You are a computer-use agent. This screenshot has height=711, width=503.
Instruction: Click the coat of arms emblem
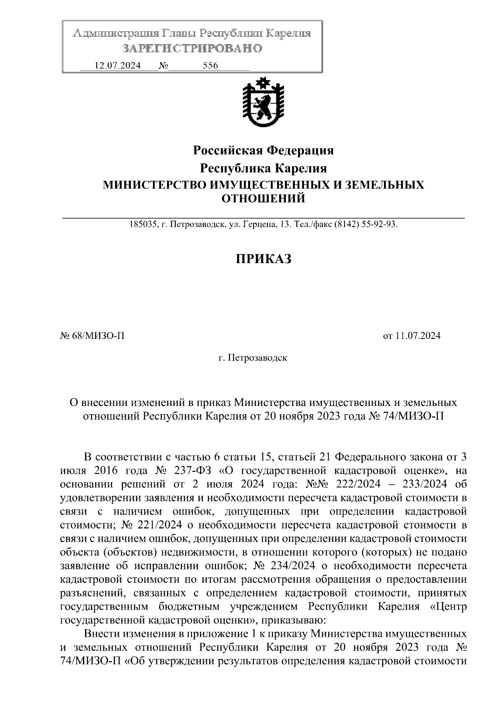[263, 103]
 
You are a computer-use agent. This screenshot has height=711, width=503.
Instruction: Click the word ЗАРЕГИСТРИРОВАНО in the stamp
[192, 49]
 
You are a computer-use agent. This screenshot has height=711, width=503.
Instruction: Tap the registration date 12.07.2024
[117, 66]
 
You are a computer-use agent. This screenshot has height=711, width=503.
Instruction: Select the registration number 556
[210, 66]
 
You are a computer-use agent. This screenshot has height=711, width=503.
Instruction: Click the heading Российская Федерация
[263, 150]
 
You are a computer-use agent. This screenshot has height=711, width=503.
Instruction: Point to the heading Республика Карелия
[263, 168]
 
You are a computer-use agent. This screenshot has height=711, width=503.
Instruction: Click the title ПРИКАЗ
[263, 259]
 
